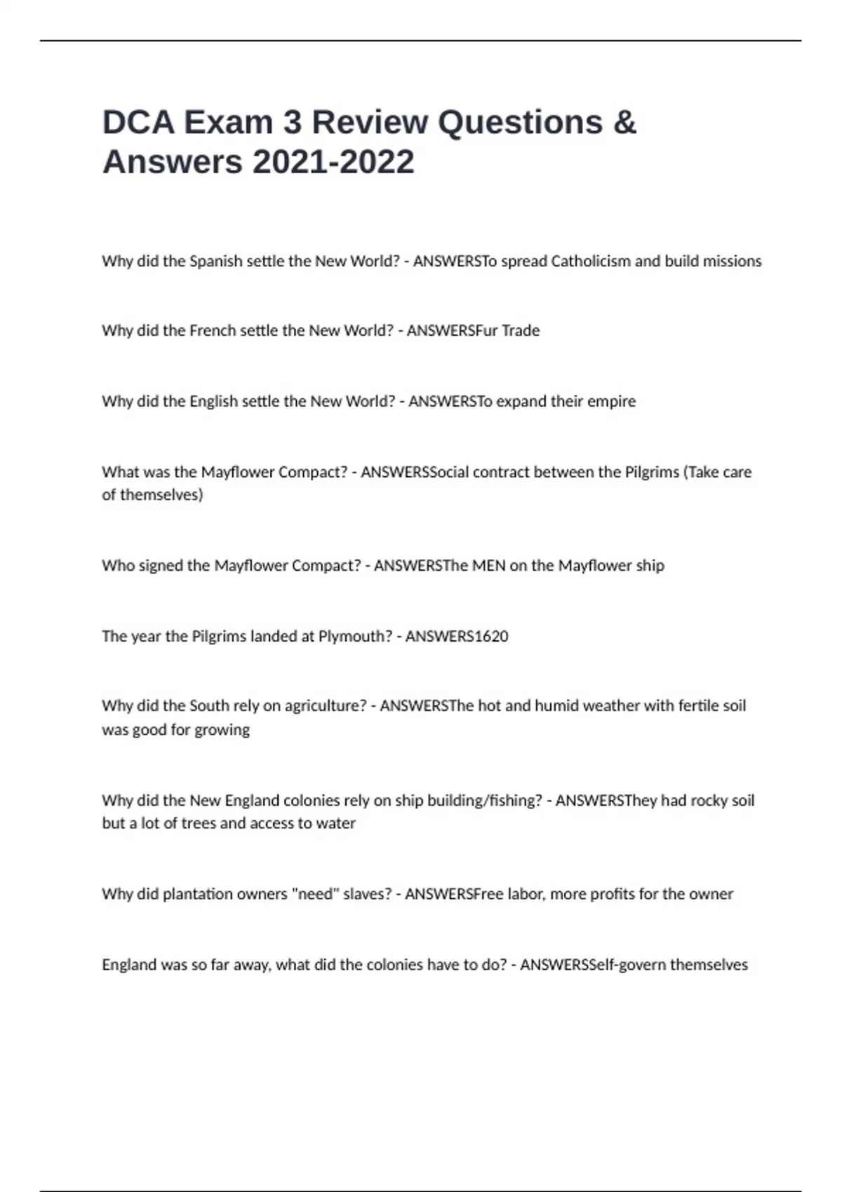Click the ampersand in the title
coord(624,122)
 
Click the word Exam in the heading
coord(228,122)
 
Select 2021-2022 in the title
coord(333,162)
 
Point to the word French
coord(213,330)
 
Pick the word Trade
coord(520,330)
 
